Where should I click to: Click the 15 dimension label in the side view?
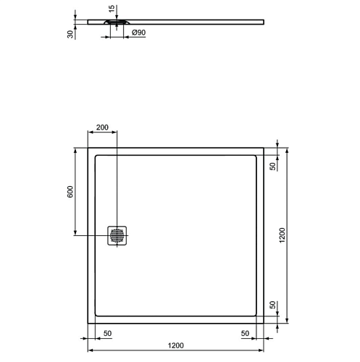click(x=112, y=9)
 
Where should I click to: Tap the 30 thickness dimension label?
click(x=70, y=34)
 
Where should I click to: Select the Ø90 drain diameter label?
click(x=139, y=33)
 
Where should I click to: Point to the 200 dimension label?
click(x=102, y=127)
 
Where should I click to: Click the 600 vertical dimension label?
click(x=70, y=192)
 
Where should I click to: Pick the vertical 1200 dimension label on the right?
click(x=282, y=235)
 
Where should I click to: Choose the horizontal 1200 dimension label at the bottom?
click(x=176, y=345)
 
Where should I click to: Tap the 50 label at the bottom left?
click(x=107, y=333)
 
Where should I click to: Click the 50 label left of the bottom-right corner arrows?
click(x=245, y=333)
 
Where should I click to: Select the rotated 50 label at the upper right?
click(x=272, y=167)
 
